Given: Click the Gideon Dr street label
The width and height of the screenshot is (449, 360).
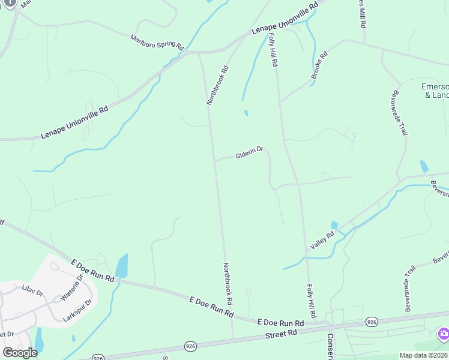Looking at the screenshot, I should (250, 153).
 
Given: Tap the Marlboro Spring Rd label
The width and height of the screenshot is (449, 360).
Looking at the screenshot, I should (157, 42).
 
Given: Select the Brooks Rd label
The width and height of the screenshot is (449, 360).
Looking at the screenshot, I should (320, 66).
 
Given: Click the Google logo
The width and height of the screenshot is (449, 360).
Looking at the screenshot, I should (19, 352).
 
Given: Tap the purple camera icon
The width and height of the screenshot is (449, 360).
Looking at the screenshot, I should (444, 334).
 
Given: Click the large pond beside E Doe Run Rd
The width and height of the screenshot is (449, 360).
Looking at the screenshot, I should (122, 265).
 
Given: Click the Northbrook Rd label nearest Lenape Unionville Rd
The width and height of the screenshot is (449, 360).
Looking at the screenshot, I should (217, 85).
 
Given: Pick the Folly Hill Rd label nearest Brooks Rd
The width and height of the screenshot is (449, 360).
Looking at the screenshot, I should (273, 50).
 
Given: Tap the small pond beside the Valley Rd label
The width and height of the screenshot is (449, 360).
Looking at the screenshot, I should (334, 226).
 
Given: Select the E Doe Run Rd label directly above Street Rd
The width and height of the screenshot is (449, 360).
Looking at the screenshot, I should (280, 323).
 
